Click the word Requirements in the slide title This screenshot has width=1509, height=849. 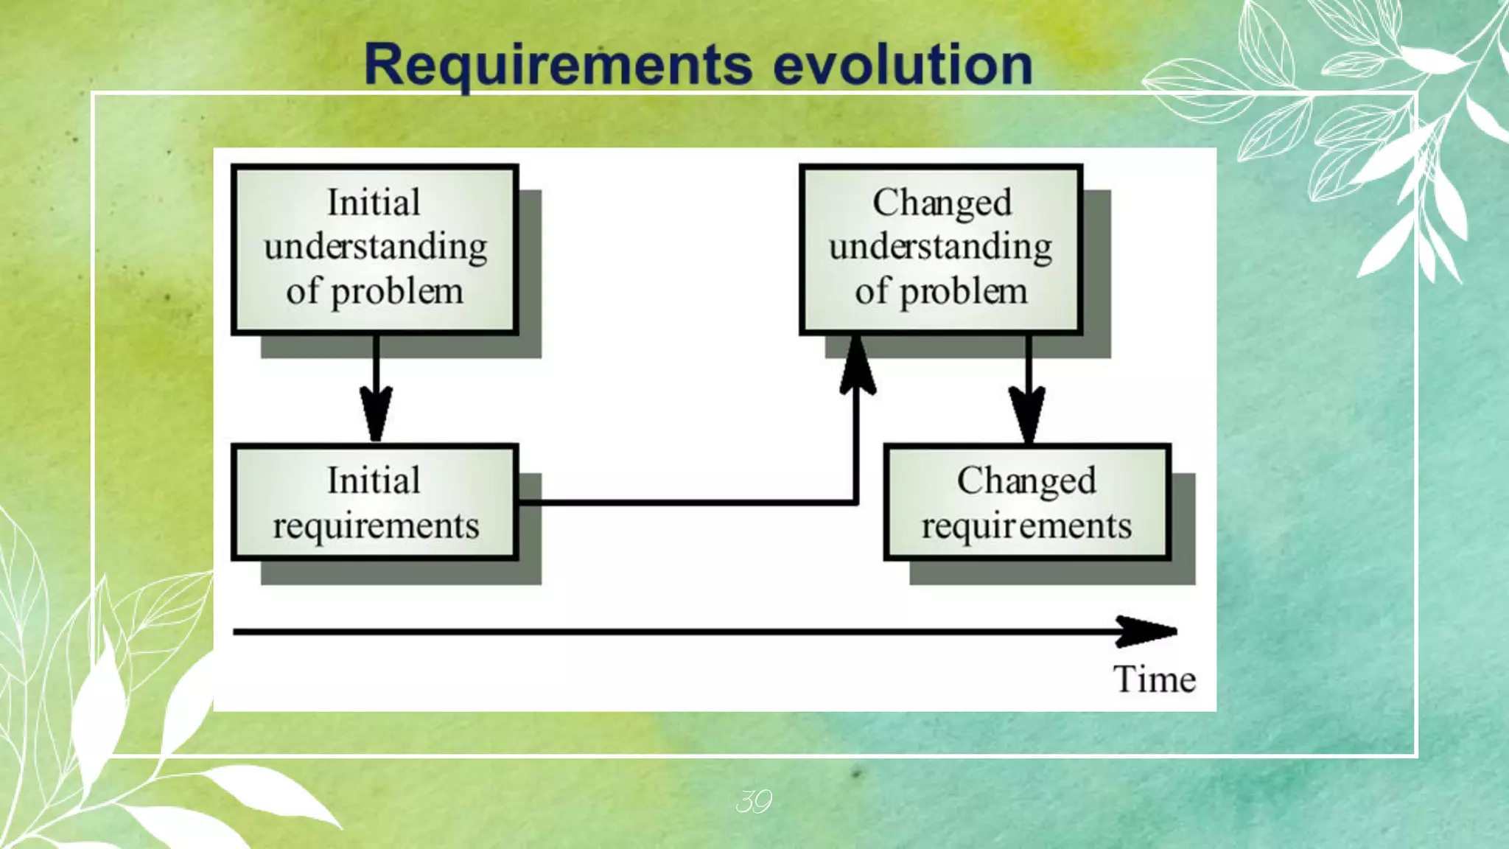tap(558, 65)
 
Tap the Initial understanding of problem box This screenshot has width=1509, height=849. tap(374, 249)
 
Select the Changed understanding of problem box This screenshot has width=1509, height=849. tap(941, 249)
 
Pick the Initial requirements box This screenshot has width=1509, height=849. tap(374, 503)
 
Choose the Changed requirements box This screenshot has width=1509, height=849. tap(1026, 503)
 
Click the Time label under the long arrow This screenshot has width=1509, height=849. tap(1154, 679)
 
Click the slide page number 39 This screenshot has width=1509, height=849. tap(753, 801)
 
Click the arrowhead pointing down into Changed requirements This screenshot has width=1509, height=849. tap(1027, 416)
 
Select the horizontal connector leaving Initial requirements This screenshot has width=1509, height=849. tap(685, 503)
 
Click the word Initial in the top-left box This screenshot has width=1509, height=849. tap(374, 203)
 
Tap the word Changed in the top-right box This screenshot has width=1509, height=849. tap(942, 203)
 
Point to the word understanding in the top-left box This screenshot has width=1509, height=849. tap(375, 247)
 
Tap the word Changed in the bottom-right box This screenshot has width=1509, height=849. tap(1026, 481)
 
